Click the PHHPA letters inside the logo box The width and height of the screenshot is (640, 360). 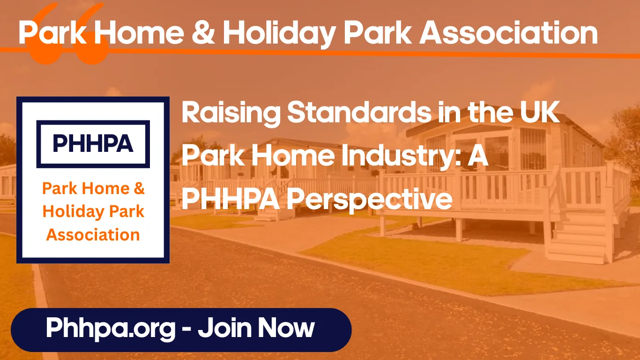click(93, 143)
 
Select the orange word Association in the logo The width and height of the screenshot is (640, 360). click(93, 234)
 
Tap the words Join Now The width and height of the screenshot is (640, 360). click(256, 328)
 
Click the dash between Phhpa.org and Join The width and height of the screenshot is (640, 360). click(186, 330)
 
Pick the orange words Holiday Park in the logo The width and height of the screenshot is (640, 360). click(93, 211)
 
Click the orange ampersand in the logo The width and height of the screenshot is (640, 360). click(139, 189)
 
